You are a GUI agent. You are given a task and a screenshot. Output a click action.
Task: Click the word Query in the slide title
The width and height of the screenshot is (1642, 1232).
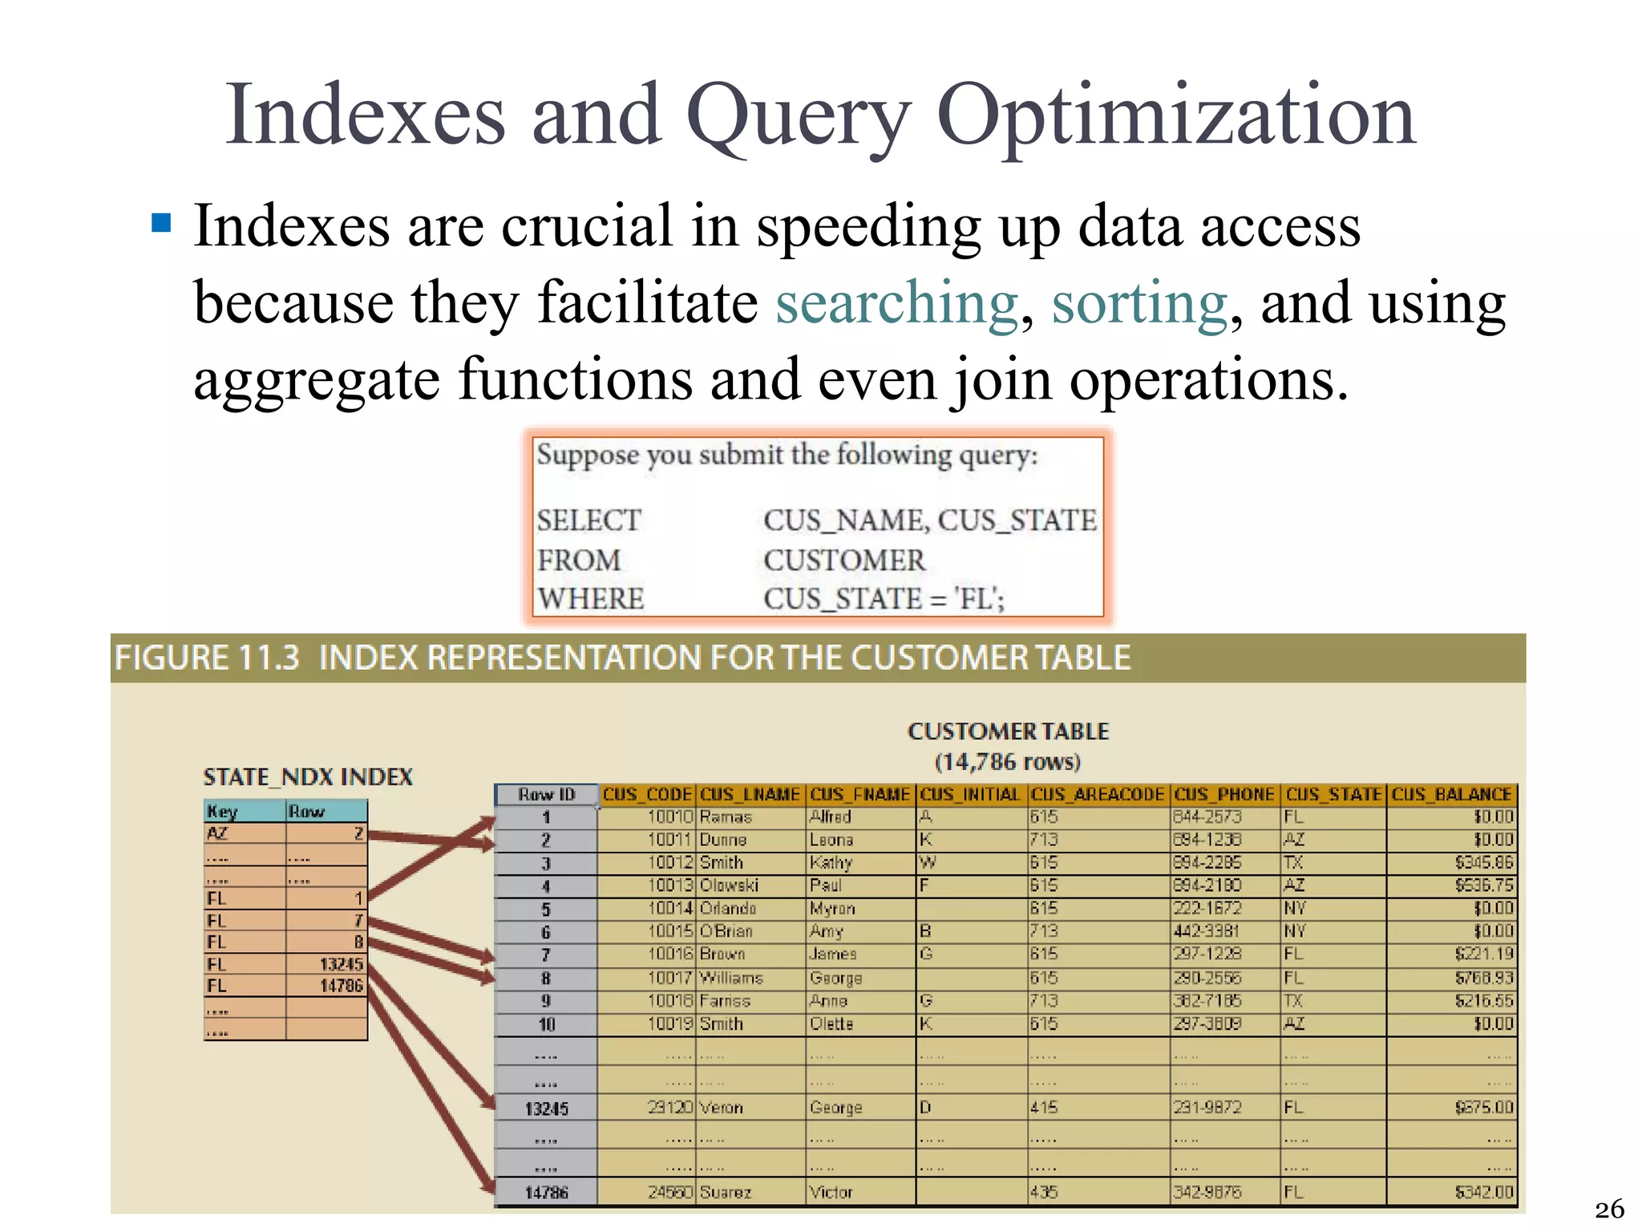click(x=798, y=116)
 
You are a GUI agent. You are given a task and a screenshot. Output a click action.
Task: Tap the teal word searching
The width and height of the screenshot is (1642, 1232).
click(x=896, y=303)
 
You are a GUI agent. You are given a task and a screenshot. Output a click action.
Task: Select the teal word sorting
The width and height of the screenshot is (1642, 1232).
click(x=1138, y=303)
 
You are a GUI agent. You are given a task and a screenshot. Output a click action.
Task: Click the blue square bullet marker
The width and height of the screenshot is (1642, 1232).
click(x=162, y=222)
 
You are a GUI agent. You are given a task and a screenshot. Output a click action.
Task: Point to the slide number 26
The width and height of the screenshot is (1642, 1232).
click(x=1609, y=1209)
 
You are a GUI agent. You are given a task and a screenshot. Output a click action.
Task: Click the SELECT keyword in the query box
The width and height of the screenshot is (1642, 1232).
click(x=589, y=521)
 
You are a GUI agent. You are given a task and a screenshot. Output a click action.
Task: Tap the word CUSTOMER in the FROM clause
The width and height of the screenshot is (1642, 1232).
click(x=844, y=560)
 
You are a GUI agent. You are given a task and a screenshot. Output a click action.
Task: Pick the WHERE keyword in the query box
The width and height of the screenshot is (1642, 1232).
click(x=591, y=599)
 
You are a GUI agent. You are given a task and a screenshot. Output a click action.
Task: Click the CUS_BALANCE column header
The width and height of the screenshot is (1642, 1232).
click(x=1451, y=795)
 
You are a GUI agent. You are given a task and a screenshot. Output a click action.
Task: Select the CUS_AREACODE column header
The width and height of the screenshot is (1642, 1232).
click(x=1097, y=795)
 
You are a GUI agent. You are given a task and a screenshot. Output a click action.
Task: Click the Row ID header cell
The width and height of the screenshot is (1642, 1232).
click(x=546, y=795)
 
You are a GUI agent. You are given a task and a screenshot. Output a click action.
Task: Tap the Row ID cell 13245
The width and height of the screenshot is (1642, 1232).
click(x=546, y=1108)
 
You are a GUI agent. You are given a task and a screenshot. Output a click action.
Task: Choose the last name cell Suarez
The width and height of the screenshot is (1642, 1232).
click(x=726, y=1193)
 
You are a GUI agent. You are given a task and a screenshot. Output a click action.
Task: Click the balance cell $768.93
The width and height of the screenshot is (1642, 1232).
click(x=1484, y=978)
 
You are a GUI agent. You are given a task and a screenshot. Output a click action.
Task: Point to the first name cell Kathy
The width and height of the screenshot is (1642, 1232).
click(x=831, y=863)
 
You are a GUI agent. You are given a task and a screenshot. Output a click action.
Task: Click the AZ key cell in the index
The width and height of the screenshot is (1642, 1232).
click(x=218, y=833)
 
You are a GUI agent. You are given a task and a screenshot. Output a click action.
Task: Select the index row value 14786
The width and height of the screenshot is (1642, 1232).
click(x=342, y=986)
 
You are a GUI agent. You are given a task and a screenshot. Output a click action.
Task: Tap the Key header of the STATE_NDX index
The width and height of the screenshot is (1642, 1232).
click(x=222, y=812)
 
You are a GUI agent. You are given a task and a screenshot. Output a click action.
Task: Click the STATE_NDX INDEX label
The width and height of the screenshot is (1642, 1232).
click(x=308, y=776)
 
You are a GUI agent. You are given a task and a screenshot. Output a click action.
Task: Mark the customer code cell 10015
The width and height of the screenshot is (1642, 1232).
click(x=669, y=932)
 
